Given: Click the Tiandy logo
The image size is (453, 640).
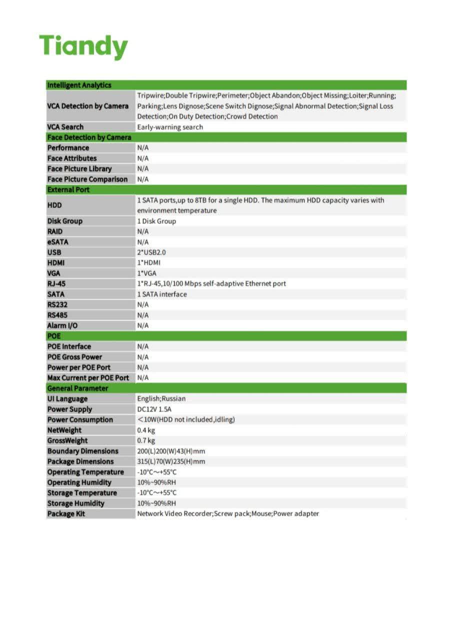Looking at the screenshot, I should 83,46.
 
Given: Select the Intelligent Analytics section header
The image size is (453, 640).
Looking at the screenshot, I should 79,85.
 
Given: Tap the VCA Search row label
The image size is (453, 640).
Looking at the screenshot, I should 65,127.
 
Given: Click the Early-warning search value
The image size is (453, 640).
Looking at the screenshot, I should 170,127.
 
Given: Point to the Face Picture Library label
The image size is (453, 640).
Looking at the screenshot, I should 79,169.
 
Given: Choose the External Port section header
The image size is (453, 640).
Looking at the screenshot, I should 68,190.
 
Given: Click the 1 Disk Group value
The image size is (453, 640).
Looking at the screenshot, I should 156,221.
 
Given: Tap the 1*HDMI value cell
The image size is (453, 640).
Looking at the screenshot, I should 149,262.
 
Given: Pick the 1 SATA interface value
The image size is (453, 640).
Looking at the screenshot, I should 162,294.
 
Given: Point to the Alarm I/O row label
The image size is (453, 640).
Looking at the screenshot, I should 62,325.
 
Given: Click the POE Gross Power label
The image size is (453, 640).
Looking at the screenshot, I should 74,357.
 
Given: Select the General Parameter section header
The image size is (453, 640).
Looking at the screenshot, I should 77,388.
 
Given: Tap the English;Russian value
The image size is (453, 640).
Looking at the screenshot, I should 161,399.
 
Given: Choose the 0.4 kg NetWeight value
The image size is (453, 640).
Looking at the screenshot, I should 146,430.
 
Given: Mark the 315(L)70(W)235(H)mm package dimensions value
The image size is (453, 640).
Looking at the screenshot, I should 171,461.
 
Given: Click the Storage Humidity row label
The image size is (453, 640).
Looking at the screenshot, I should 76,503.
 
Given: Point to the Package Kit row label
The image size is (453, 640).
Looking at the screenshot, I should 66,514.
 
